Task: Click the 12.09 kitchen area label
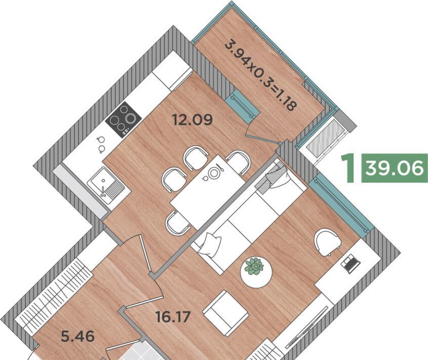coord(192,120)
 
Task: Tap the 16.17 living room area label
coord(173,317)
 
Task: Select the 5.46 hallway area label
coord(78,336)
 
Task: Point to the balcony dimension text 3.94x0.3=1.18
coord(260,76)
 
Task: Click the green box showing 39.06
coord(395,168)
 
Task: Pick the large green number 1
coord(348,168)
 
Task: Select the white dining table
coord(208,192)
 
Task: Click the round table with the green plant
coord(256,272)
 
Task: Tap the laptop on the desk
coord(351,264)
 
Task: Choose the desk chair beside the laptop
coord(327,242)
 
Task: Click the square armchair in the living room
coord(226,313)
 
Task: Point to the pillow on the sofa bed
coord(210,244)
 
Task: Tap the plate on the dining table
coord(213,173)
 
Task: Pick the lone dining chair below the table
coord(178,223)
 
